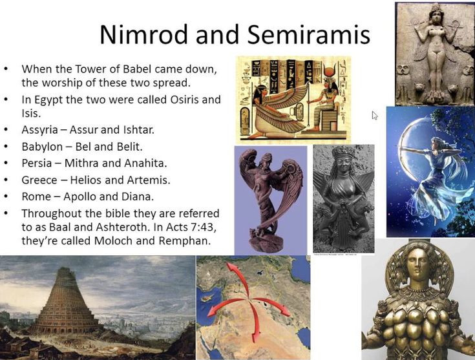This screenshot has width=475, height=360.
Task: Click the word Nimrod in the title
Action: click(144, 34)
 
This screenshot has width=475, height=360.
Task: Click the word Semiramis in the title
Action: click(309, 34)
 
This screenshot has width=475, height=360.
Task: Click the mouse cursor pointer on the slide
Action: click(375, 115)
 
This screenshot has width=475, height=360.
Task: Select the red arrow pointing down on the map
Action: click(255, 321)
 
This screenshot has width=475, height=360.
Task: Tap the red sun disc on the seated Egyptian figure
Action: click(328, 72)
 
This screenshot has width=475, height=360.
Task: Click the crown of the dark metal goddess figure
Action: click(344, 151)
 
